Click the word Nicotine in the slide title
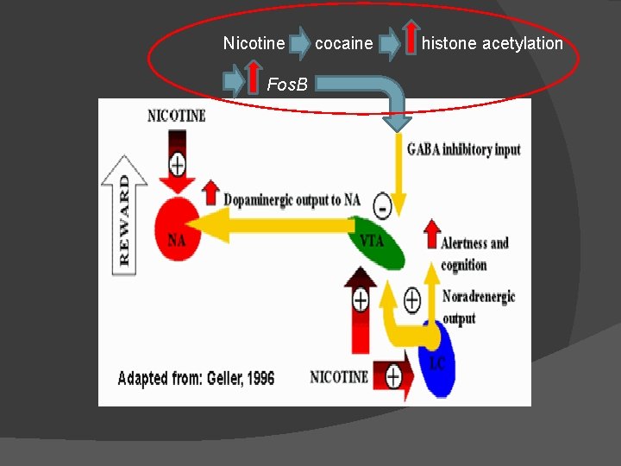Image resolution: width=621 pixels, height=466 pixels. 254,43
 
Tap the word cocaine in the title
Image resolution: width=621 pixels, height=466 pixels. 343,43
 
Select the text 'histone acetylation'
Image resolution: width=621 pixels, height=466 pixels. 492,43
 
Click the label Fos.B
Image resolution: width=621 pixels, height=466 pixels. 292,85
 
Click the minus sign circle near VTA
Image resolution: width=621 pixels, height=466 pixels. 383,206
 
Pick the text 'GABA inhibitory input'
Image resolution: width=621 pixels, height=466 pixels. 463,149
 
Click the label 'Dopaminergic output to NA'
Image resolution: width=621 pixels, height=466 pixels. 292,200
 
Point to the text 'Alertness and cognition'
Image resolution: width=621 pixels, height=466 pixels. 474,254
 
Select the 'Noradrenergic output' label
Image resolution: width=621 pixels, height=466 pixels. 478,307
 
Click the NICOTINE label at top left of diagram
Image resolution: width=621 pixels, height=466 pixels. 177,115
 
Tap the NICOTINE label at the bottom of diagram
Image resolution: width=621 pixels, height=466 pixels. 339,377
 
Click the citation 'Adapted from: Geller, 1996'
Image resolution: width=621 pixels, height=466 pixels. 196,378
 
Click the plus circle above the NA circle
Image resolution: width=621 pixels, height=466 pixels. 178,162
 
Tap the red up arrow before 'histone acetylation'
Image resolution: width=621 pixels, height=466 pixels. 411,41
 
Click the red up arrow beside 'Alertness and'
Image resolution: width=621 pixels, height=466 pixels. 431,234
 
